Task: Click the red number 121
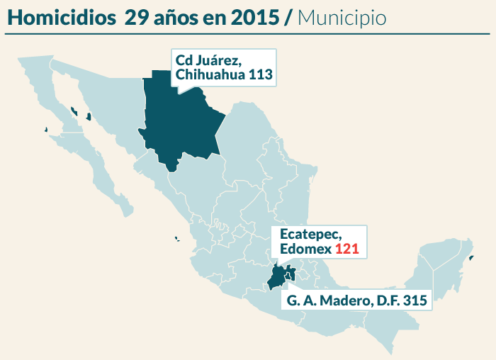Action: click(x=347, y=249)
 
